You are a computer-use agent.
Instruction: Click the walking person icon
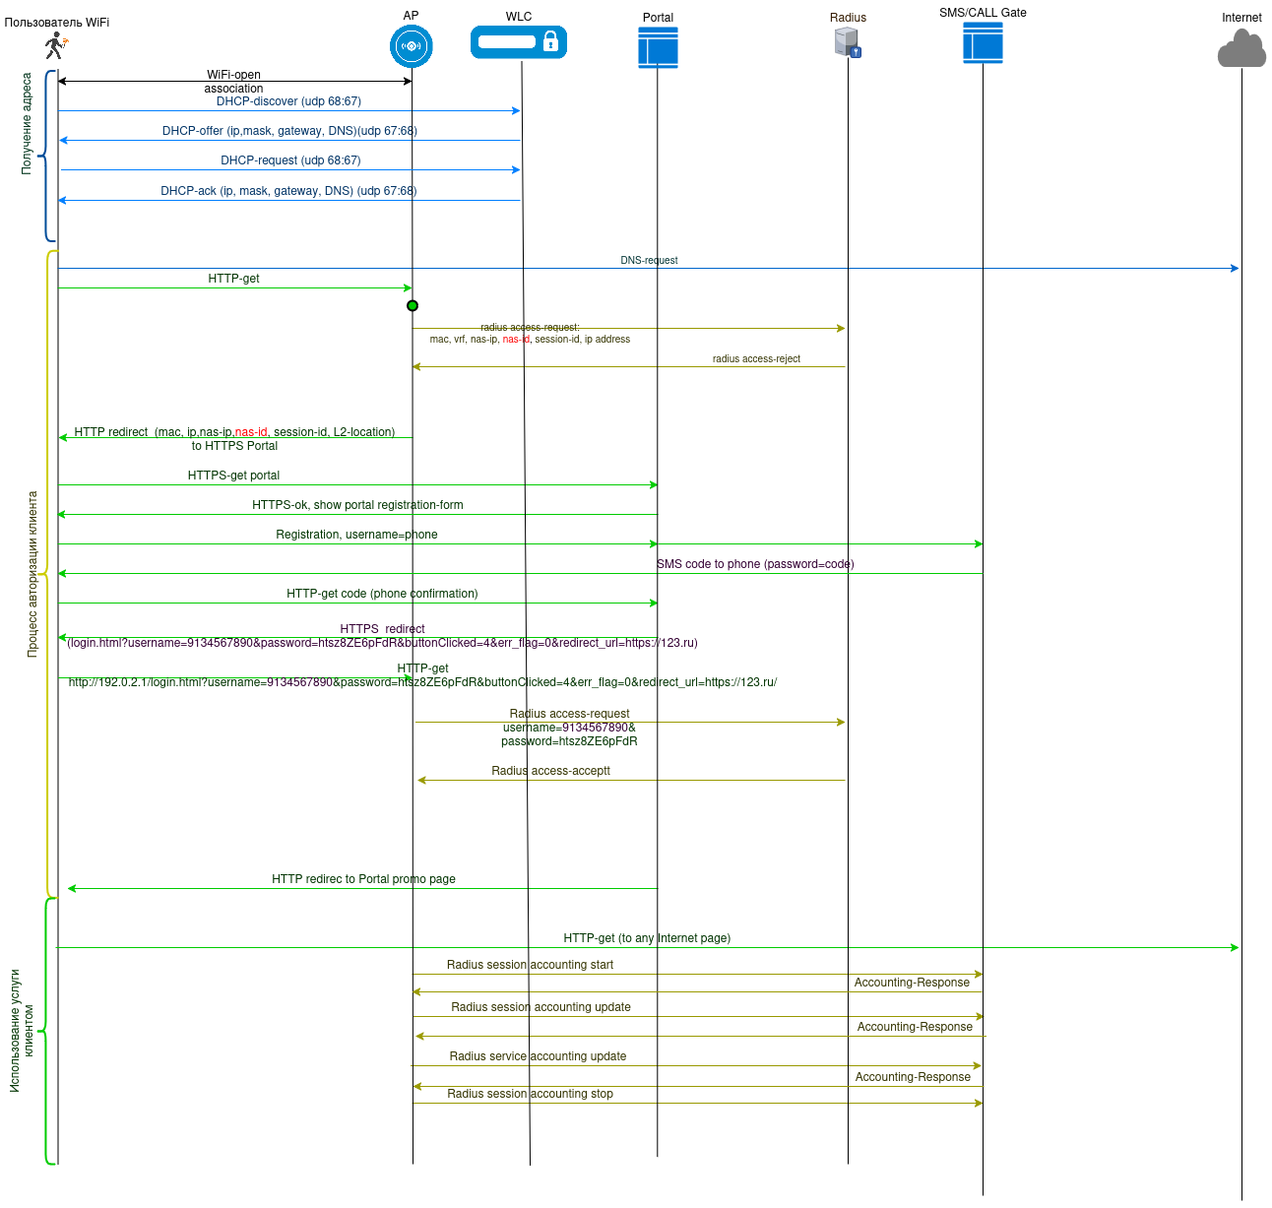(x=55, y=45)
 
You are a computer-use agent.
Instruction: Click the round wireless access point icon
(x=412, y=46)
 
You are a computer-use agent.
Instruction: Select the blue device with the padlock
(x=519, y=42)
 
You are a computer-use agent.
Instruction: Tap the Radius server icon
(x=847, y=42)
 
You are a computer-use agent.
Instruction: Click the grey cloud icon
(x=1241, y=49)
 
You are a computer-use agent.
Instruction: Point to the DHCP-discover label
(x=288, y=101)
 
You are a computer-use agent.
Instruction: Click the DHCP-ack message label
(x=288, y=191)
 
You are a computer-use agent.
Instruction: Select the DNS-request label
(x=649, y=261)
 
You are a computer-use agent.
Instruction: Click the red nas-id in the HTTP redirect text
(x=251, y=432)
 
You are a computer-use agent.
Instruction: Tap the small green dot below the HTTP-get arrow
(x=413, y=305)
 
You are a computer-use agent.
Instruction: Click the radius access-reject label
(x=756, y=359)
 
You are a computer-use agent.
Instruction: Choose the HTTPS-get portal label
(x=233, y=476)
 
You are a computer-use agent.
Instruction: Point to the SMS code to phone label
(x=755, y=564)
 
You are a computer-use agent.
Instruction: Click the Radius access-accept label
(x=550, y=771)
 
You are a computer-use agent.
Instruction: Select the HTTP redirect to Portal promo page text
(x=363, y=879)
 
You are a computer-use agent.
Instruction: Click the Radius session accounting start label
(x=530, y=965)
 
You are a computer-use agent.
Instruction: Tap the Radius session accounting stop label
(x=530, y=1094)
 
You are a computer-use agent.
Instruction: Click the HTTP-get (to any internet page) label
(x=647, y=938)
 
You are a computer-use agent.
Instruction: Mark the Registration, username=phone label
(x=356, y=535)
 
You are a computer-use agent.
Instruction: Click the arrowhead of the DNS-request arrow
(x=1235, y=268)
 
